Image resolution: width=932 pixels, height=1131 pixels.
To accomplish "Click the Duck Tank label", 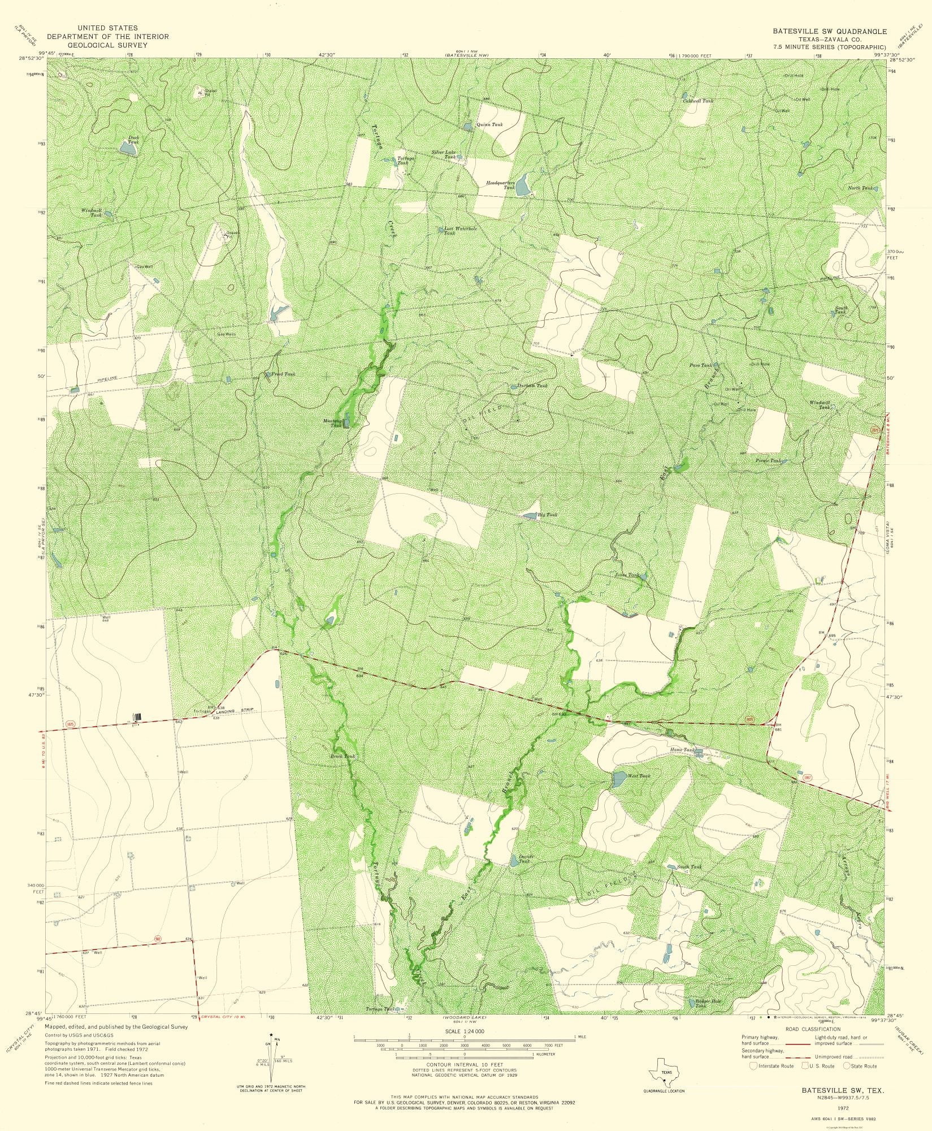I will pos(133,139).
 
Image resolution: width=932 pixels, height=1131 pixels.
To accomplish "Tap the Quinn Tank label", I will pos(489,124).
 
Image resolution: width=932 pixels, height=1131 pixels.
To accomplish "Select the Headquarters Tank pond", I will pos(523,184).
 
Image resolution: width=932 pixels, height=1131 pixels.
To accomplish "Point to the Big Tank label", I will pos(547,515).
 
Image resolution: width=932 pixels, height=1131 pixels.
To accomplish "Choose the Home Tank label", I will pos(680,750).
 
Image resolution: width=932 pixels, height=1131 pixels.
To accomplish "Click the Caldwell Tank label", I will pos(697,101).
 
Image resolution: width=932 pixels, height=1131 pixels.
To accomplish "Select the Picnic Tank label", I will pos(769,461).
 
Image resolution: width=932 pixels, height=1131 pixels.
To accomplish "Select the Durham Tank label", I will pos(532,386).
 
